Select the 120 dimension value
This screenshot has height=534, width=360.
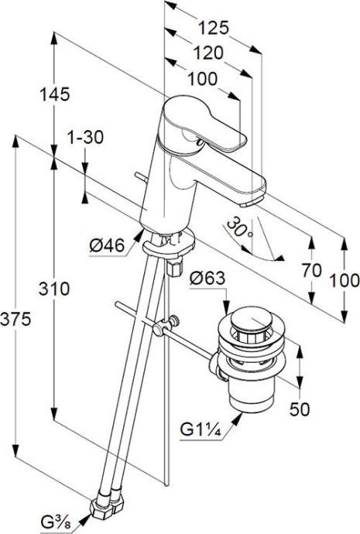click(207, 53)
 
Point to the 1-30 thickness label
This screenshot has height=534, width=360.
click(85, 138)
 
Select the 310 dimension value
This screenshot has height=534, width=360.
click(54, 289)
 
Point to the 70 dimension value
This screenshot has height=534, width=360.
click(312, 271)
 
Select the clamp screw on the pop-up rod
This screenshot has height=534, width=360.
click(175, 319)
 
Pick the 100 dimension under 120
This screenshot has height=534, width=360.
click(202, 79)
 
